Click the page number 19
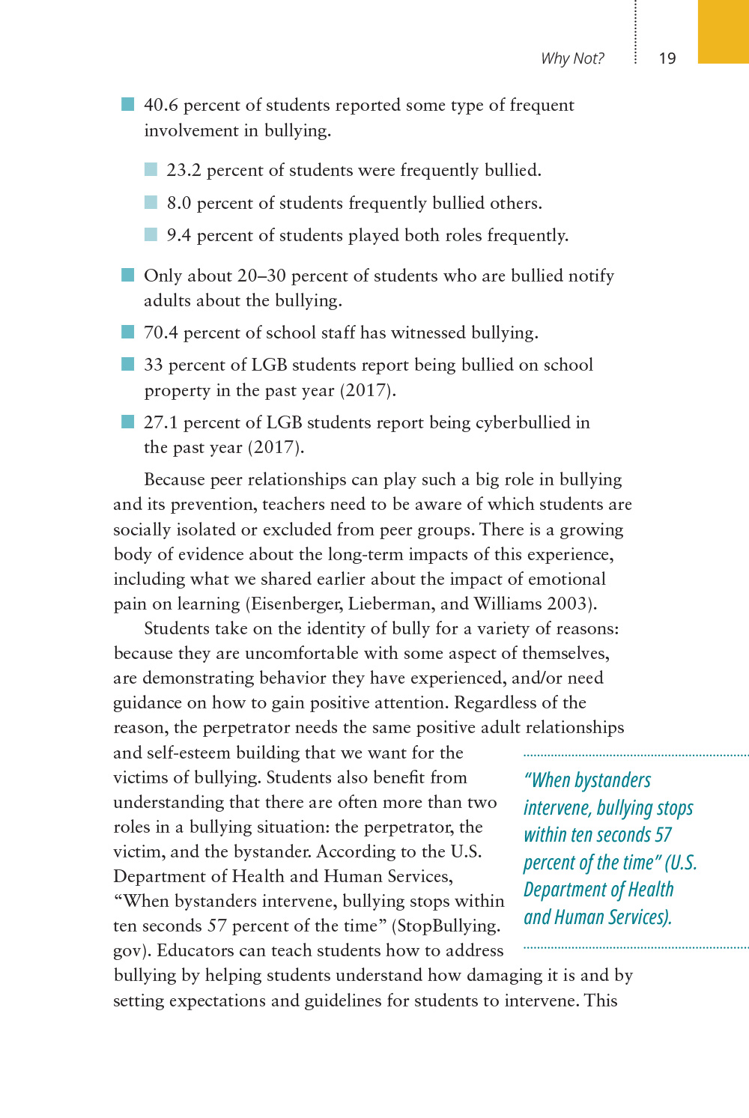[667, 58]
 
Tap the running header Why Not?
[572, 58]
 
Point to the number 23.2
[184, 171]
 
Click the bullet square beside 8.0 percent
[151, 202]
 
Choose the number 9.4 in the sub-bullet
[178, 236]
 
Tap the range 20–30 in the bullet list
[261, 276]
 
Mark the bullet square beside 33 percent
[128, 365]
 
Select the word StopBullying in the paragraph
[448, 926]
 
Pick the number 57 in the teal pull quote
[663, 835]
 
